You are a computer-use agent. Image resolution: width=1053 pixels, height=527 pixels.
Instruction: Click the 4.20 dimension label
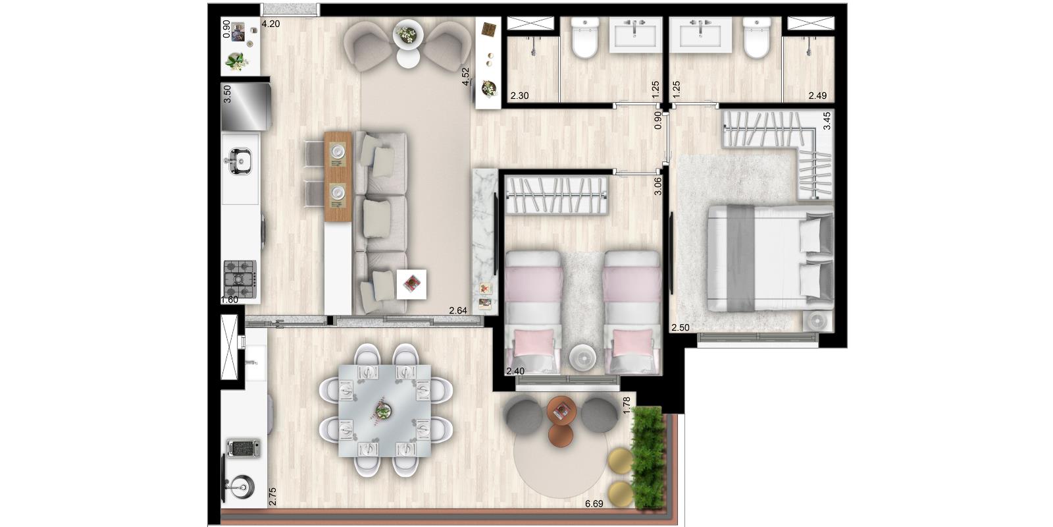(270, 24)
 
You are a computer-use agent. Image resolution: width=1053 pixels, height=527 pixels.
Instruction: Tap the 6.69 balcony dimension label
(594, 504)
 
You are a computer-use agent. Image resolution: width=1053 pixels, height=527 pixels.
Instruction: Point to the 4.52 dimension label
(465, 76)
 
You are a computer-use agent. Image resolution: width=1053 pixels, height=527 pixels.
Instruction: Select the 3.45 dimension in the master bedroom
(827, 121)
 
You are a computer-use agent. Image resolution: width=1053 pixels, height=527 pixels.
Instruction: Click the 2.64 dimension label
(458, 310)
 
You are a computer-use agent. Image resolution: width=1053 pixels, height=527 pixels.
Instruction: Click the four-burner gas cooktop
(240, 279)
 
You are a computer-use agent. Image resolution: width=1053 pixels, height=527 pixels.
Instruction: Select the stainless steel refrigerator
(246, 106)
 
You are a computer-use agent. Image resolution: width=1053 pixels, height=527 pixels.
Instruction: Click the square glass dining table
(385, 410)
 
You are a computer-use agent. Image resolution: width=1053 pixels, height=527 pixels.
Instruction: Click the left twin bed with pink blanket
(534, 312)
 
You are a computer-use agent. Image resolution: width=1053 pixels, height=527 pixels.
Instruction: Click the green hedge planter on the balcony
(648, 457)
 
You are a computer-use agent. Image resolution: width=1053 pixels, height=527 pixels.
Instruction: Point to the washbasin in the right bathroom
(700, 34)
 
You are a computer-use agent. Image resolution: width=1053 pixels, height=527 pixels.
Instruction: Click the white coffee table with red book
(411, 284)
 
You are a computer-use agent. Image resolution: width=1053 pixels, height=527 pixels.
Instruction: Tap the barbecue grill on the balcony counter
(243, 448)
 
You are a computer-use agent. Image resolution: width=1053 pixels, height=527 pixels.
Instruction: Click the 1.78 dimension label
(626, 406)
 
